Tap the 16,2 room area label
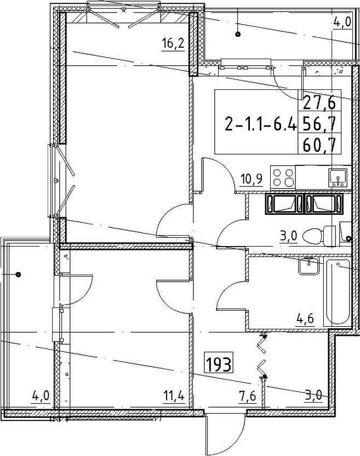click(x=173, y=45)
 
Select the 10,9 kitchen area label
click(x=252, y=180)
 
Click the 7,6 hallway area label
click(x=247, y=396)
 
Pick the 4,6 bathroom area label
click(x=305, y=320)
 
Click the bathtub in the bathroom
click(x=338, y=292)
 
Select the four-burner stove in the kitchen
click(x=283, y=178)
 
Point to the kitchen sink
click(x=338, y=178)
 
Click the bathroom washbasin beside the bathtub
click(x=309, y=265)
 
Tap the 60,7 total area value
click(x=319, y=145)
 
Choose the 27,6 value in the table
click(x=319, y=102)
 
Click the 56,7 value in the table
click(x=319, y=124)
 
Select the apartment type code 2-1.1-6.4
click(x=261, y=126)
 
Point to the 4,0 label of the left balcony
click(x=40, y=396)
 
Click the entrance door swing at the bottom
click(x=224, y=433)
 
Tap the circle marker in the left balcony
click(x=18, y=274)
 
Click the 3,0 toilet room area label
click(x=289, y=236)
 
